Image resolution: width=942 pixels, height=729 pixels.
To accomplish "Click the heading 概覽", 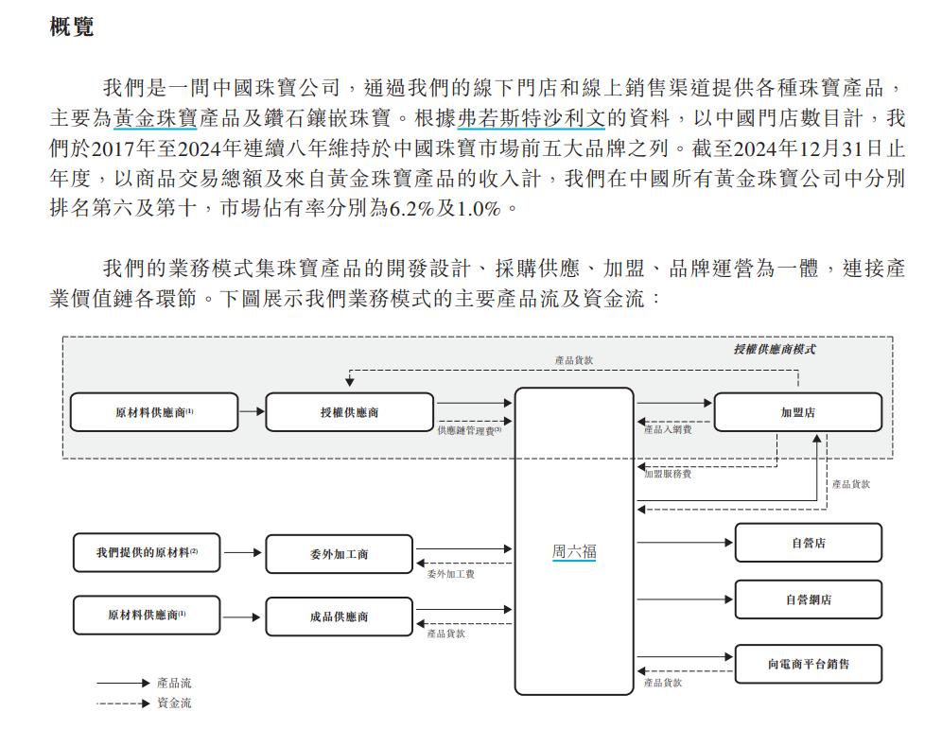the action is coord(72,26).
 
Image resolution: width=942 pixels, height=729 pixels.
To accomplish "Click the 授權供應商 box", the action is coord(349,412).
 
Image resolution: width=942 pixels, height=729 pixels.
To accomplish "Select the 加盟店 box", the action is coord(798,412).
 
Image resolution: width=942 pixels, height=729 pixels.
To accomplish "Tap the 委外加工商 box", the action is coord(339,554).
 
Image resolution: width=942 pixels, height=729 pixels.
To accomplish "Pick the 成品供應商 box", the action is coord(339,616).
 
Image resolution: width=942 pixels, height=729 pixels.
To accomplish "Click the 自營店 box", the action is coord(808,543).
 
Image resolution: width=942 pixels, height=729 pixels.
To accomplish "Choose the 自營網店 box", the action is coord(808,599).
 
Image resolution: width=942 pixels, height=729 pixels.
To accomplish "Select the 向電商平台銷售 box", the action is coord(808,664).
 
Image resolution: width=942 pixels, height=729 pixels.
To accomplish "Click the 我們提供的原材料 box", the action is coord(147,552).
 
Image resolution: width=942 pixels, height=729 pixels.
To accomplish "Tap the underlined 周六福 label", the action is coord(574,551).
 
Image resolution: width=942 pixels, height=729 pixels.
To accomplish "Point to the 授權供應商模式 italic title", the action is coord(775,350).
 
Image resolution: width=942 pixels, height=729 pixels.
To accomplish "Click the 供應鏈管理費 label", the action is coord(469,430).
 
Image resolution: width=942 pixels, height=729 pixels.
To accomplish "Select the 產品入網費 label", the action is coord(668,429).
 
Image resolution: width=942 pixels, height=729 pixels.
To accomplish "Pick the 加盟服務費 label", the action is coord(668,474).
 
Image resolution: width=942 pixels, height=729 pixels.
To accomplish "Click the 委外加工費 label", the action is coord(450,574).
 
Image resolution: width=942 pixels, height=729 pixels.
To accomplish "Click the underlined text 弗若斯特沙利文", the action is coord(532,118).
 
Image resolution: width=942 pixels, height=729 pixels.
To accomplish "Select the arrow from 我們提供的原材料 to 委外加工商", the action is coord(243,552).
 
